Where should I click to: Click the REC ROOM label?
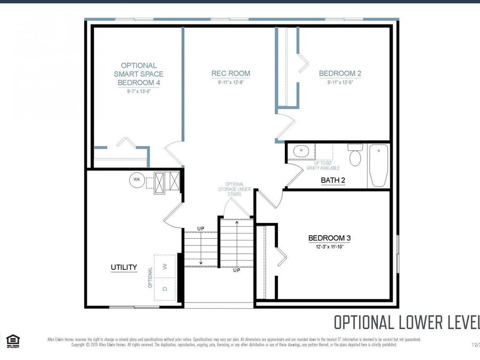point(230,74)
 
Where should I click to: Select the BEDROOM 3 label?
point(329,238)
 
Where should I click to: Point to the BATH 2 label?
point(333,180)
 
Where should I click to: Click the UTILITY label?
point(124,267)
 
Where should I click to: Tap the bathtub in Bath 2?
point(379,165)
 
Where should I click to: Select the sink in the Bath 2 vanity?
point(301,151)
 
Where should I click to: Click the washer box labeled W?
point(165,266)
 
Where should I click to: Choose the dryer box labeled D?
point(165,289)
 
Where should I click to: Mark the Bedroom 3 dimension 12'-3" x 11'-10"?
point(329,246)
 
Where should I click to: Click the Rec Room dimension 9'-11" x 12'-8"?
point(230,83)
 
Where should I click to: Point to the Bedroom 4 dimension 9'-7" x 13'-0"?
point(138,91)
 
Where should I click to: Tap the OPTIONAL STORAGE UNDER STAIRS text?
point(230,189)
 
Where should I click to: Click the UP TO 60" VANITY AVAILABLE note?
point(316,166)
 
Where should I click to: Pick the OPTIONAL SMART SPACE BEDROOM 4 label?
point(138,74)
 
